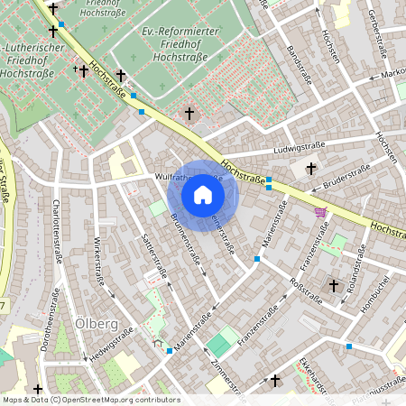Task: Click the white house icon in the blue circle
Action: point(203,195)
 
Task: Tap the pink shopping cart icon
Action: point(319,212)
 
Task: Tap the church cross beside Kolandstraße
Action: point(333,285)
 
